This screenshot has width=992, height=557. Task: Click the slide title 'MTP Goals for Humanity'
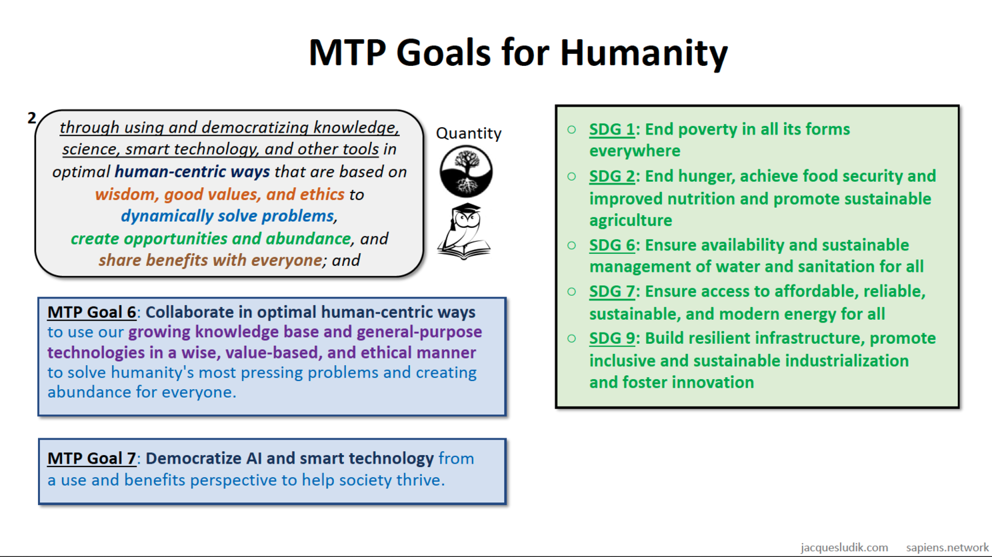point(518,53)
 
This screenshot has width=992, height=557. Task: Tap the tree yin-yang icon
point(466,171)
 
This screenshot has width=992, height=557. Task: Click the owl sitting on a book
point(464,232)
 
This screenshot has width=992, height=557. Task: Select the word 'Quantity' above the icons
point(469,133)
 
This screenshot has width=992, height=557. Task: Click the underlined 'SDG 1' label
point(611,129)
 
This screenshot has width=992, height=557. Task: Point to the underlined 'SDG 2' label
point(611,176)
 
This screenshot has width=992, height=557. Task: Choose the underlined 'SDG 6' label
point(611,245)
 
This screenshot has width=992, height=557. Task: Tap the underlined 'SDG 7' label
point(611,291)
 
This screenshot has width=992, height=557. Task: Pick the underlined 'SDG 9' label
point(611,338)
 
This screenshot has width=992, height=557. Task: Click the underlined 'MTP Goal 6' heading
point(92,312)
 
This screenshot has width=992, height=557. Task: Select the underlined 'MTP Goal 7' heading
point(92,458)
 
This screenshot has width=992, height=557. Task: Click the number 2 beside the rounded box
point(31,118)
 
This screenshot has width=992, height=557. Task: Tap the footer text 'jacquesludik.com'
point(844,548)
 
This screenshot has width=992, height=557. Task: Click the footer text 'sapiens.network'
point(947,548)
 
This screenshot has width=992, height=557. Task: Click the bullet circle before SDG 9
point(571,338)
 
